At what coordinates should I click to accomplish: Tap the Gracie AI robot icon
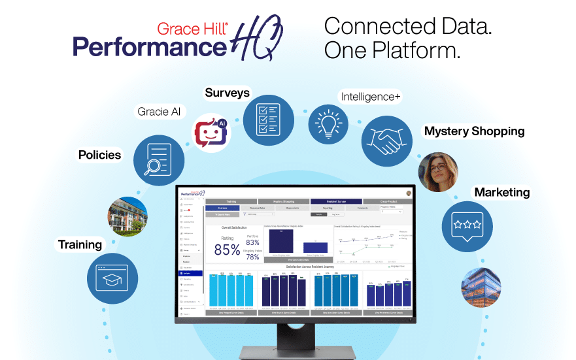[x=210, y=131]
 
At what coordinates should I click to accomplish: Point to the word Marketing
[x=501, y=193]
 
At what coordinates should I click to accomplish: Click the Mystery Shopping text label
[x=474, y=131]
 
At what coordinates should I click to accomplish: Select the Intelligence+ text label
[x=370, y=97]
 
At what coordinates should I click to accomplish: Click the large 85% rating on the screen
[x=227, y=249]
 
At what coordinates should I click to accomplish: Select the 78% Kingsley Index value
[x=253, y=257]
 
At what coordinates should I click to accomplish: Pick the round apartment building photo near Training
[x=127, y=216]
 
